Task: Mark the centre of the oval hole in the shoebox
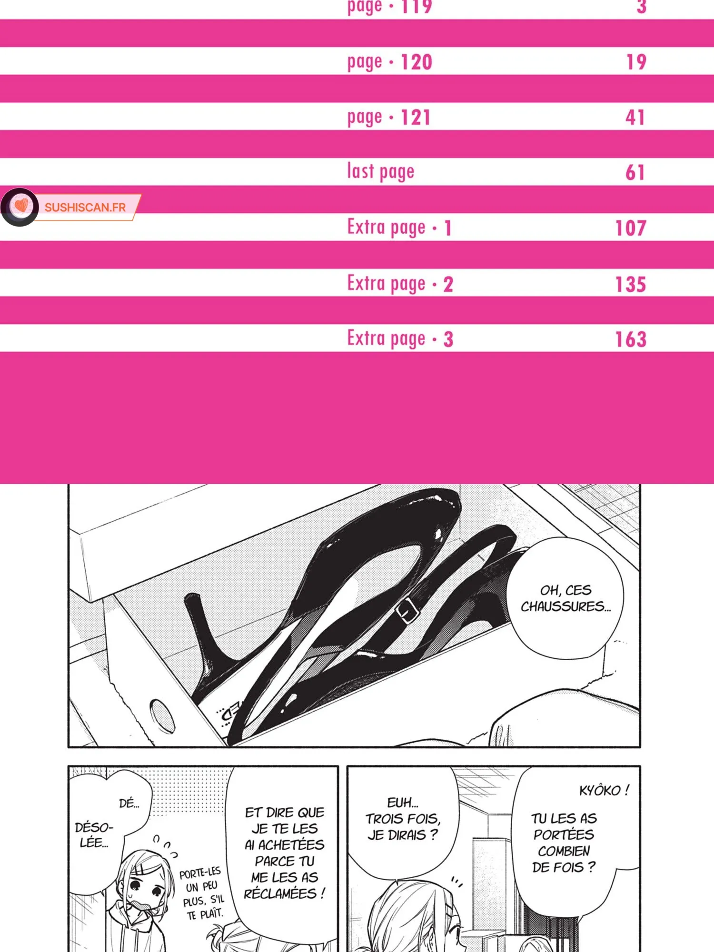pyautogui.click(x=162, y=716)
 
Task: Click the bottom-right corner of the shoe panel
pyautogui.click(x=640, y=747)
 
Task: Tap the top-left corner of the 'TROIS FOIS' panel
pyautogui.click(x=347, y=766)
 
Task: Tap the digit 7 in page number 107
pyautogui.click(x=639, y=228)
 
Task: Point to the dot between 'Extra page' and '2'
pyautogui.click(x=434, y=285)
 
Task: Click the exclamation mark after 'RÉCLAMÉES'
pyautogui.click(x=323, y=893)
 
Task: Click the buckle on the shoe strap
pyautogui.click(x=407, y=611)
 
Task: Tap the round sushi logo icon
pyautogui.click(x=20, y=207)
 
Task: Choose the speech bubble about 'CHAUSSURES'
pyautogui.click(x=565, y=598)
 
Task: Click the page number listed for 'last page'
pyautogui.click(x=635, y=172)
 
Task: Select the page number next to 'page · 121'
pyautogui.click(x=635, y=117)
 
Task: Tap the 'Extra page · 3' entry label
pyautogui.click(x=400, y=339)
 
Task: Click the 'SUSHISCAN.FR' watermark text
pyautogui.click(x=85, y=208)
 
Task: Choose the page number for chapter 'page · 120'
pyautogui.click(x=636, y=62)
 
